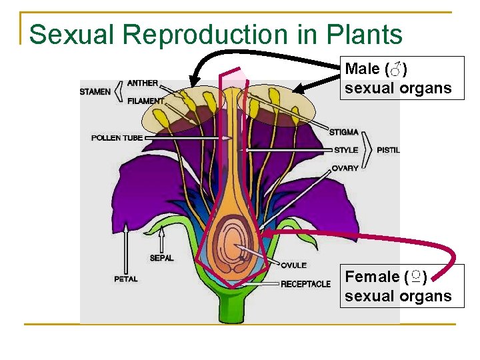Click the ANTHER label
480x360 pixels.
coord(143,83)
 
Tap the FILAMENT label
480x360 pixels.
coord(145,101)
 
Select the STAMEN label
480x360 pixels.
coord(95,91)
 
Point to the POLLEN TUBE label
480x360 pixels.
coord(117,138)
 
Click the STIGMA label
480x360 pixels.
coord(343,132)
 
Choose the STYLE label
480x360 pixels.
coord(346,150)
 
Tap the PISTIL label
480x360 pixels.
coord(388,150)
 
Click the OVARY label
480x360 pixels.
coord(345,168)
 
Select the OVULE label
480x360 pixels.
coord(293,265)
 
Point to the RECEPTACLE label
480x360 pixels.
coord(305,284)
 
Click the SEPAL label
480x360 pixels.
coord(161,258)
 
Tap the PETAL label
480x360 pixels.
coord(125,279)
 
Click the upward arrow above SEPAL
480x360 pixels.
coord(161,237)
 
